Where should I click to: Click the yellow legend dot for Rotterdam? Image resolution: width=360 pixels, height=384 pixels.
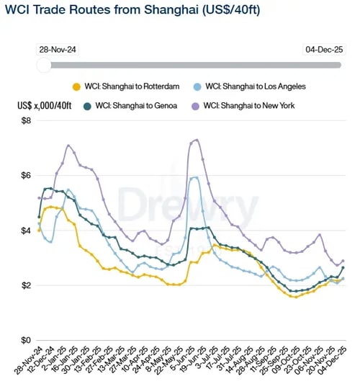[76, 86]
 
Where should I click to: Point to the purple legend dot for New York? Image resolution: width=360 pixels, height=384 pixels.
[194, 106]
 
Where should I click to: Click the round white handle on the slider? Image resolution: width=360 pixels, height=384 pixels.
[44, 65]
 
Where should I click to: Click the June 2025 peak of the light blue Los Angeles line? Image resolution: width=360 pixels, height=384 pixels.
[195, 177]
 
